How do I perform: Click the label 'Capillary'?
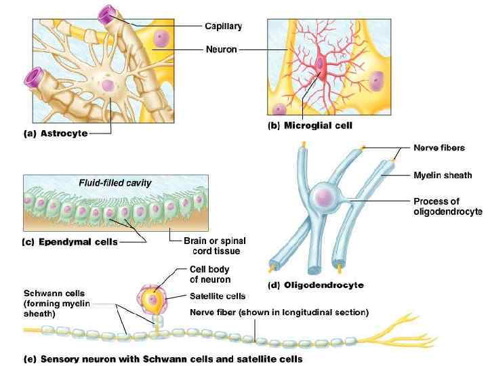tap(223, 26)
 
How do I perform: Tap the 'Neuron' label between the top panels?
tap(221, 49)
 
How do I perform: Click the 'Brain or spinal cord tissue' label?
tap(214, 245)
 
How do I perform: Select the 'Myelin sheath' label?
tap(443, 175)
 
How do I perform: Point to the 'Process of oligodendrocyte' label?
tap(447, 206)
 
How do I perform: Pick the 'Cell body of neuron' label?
tap(210, 274)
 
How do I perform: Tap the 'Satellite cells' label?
tap(218, 296)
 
